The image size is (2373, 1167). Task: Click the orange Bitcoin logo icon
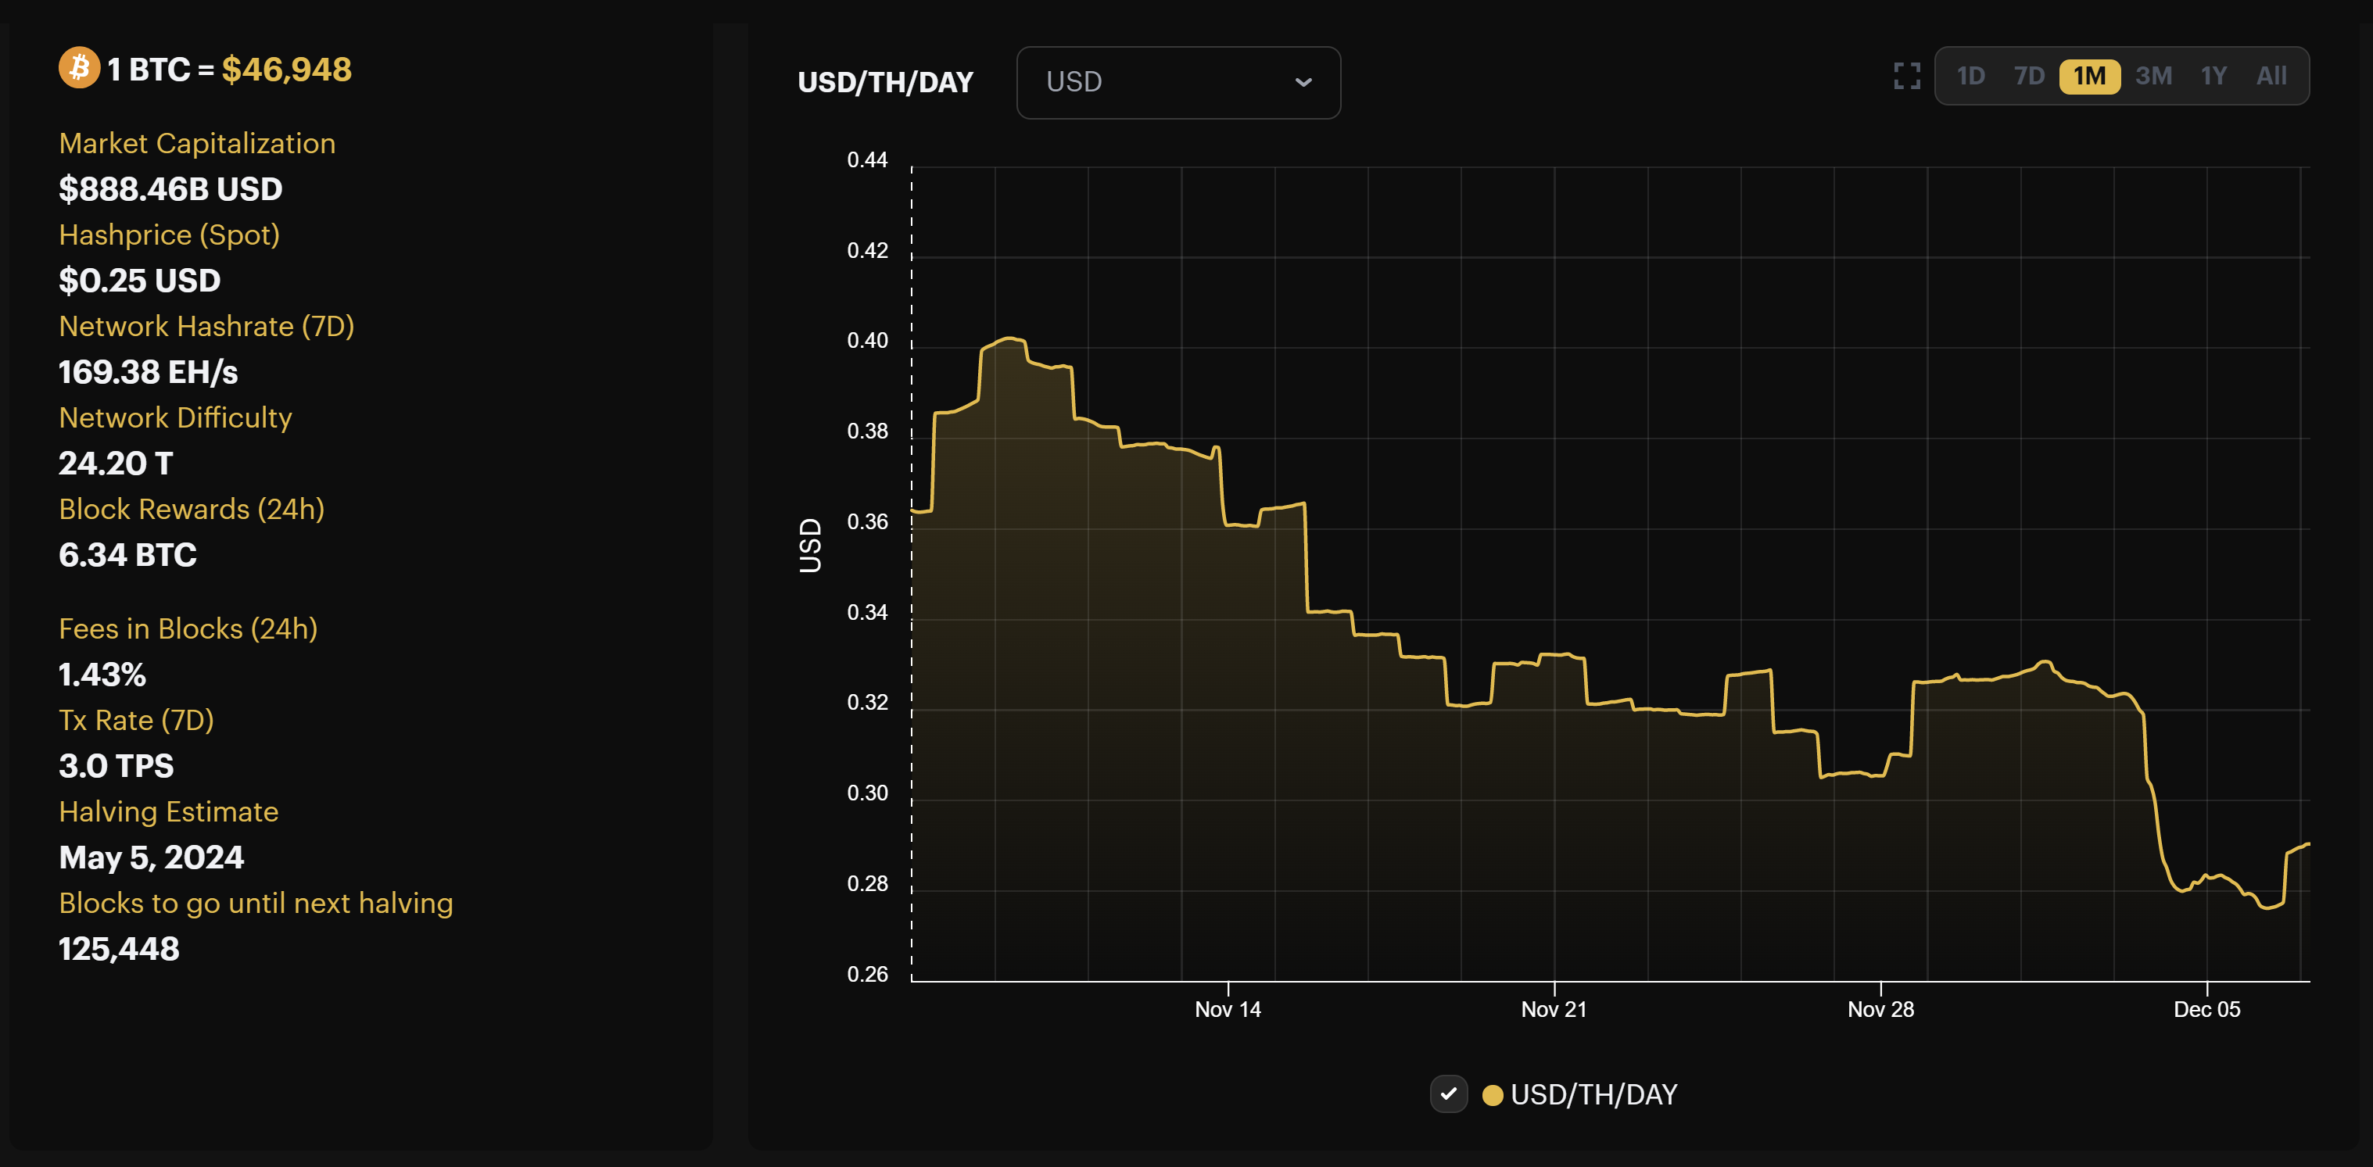(x=79, y=68)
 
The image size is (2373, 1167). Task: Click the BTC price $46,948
(x=286, y=69)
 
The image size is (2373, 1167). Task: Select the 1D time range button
(x=1970, y=76)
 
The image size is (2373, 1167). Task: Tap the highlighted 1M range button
(x=2089, y=76)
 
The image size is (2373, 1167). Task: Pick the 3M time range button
(x=2153, y=76)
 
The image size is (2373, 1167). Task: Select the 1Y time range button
(x=2213, y=76)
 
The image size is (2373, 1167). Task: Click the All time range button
(x=2271, y=76)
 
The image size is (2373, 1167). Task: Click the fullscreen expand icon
(x=1906, y=76)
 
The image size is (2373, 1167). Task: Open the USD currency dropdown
(x=1178, y=82)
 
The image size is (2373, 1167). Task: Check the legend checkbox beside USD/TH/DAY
(x=1448, y=1094)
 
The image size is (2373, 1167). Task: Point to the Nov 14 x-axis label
(x=1227, y=1008)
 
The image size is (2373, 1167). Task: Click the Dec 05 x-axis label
(x=2206, y=1008)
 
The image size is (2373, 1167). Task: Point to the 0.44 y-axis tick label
(x=867, y=160)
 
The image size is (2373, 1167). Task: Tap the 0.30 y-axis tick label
(x=867, y=793)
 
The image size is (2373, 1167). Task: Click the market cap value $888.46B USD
(x=170, y=189)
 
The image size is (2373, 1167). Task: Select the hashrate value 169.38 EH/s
(x=149, y=372)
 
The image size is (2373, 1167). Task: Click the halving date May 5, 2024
(x=151, y=857)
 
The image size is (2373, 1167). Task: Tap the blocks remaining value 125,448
(x=119, y=949)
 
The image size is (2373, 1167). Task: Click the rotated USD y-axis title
(x=810, y=546)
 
